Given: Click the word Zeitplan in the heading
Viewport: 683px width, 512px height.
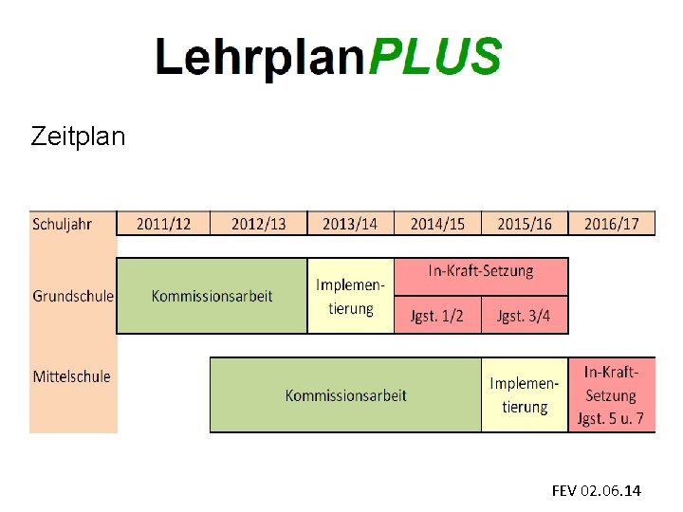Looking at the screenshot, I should pos(78,137).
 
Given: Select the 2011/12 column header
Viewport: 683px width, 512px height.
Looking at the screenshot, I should pos(163,224).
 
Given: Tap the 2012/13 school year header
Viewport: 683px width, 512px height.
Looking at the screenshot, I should pos(258,224).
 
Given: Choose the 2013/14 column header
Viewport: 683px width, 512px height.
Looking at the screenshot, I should pos(350,224).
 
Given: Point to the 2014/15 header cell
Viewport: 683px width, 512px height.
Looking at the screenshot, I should pos(437,224).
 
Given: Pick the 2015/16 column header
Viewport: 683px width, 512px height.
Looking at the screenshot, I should pos(525,224).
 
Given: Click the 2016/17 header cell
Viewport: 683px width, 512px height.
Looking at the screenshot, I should pos(612,224).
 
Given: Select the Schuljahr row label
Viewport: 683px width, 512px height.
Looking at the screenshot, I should pos(63,224).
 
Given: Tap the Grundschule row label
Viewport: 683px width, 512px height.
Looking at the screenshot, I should pos(73,296).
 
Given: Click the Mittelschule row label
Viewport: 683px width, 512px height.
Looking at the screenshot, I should pos(72,376).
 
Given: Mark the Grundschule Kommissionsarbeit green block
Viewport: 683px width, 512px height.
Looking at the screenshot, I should pos(212,296).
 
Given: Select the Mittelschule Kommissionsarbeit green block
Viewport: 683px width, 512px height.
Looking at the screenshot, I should pos(345,395).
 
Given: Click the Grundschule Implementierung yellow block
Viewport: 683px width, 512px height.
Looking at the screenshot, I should pos(351,296).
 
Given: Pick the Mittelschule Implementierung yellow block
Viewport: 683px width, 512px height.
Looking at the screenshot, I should pos(525,395).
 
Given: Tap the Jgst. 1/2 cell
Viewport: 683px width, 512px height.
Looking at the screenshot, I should pos(437,316).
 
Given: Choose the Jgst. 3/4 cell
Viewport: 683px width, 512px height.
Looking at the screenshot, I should pos(524,316).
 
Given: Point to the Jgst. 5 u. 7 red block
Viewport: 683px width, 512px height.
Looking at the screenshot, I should pos(612,395).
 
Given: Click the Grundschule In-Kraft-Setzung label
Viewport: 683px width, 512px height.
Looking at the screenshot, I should pos(481,272).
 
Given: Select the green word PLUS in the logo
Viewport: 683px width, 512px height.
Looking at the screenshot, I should pos(434,57).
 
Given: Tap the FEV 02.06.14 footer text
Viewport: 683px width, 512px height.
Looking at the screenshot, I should pos(596,490).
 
